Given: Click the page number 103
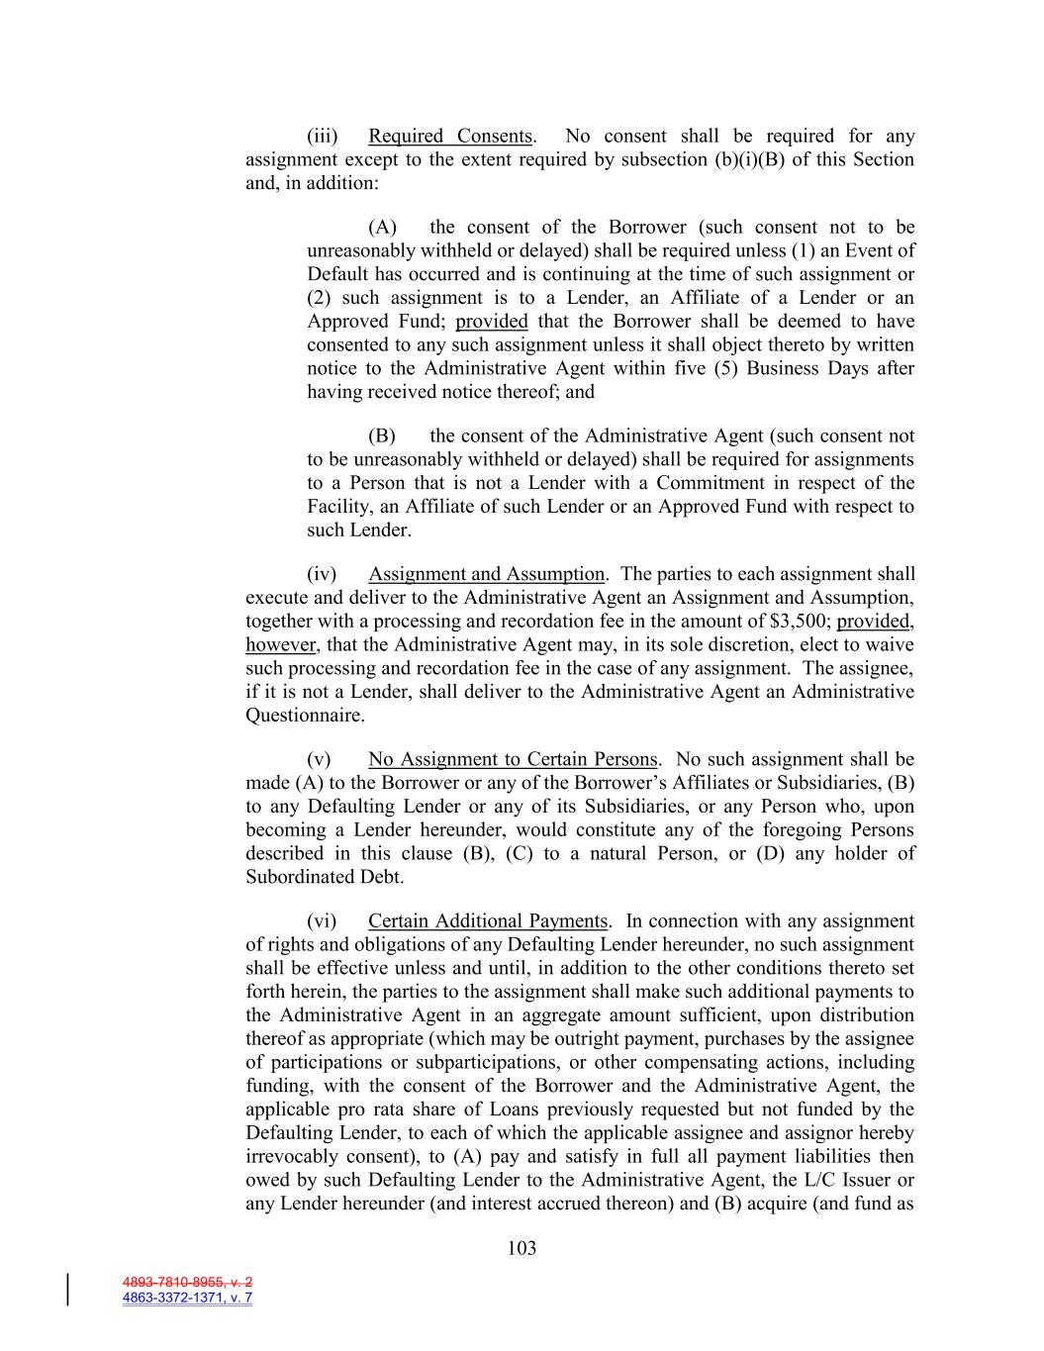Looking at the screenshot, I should pos(522,1248).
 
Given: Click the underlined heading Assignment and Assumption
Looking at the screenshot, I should pos(486,574).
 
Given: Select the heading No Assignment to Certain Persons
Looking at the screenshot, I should pos(513,759).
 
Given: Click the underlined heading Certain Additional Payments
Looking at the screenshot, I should pos(488,921).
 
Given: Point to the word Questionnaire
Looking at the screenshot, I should pos(305,716).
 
